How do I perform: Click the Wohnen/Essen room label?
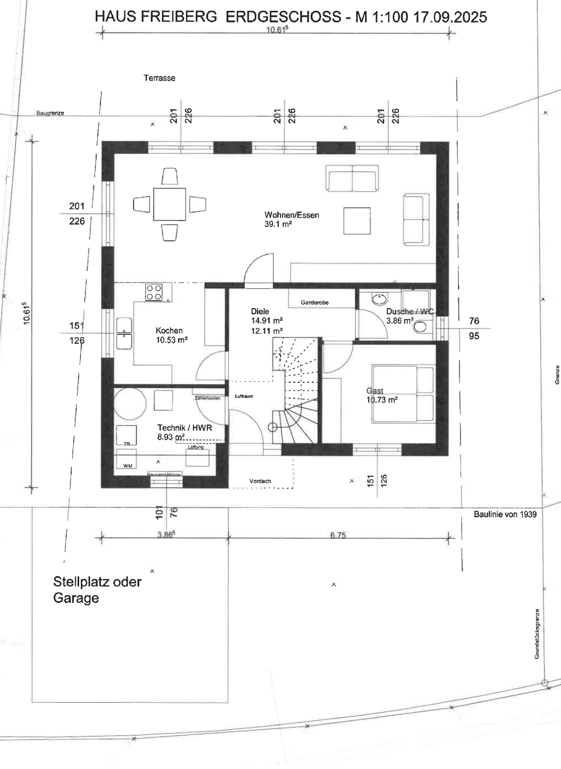292,215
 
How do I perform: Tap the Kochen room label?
169,331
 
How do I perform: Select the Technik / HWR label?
184,428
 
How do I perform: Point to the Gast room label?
375,391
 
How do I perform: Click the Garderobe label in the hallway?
315,303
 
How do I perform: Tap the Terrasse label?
159,78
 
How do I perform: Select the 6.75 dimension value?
338,535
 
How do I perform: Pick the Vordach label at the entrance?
260,481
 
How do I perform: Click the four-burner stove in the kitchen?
154,293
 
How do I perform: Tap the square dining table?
169,204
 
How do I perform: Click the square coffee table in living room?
357,221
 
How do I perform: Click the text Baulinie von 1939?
505,514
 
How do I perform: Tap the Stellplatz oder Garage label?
97,590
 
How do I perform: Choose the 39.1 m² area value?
278,224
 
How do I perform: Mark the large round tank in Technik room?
129,404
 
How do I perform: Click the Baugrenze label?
50,113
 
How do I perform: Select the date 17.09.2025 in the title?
450,17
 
